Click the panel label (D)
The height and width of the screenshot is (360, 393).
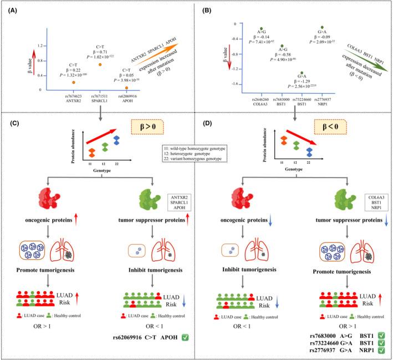click(207, 125)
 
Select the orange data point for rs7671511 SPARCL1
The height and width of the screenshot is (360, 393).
click(100, 65)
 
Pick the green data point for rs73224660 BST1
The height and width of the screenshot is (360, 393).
click(302, 73)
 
